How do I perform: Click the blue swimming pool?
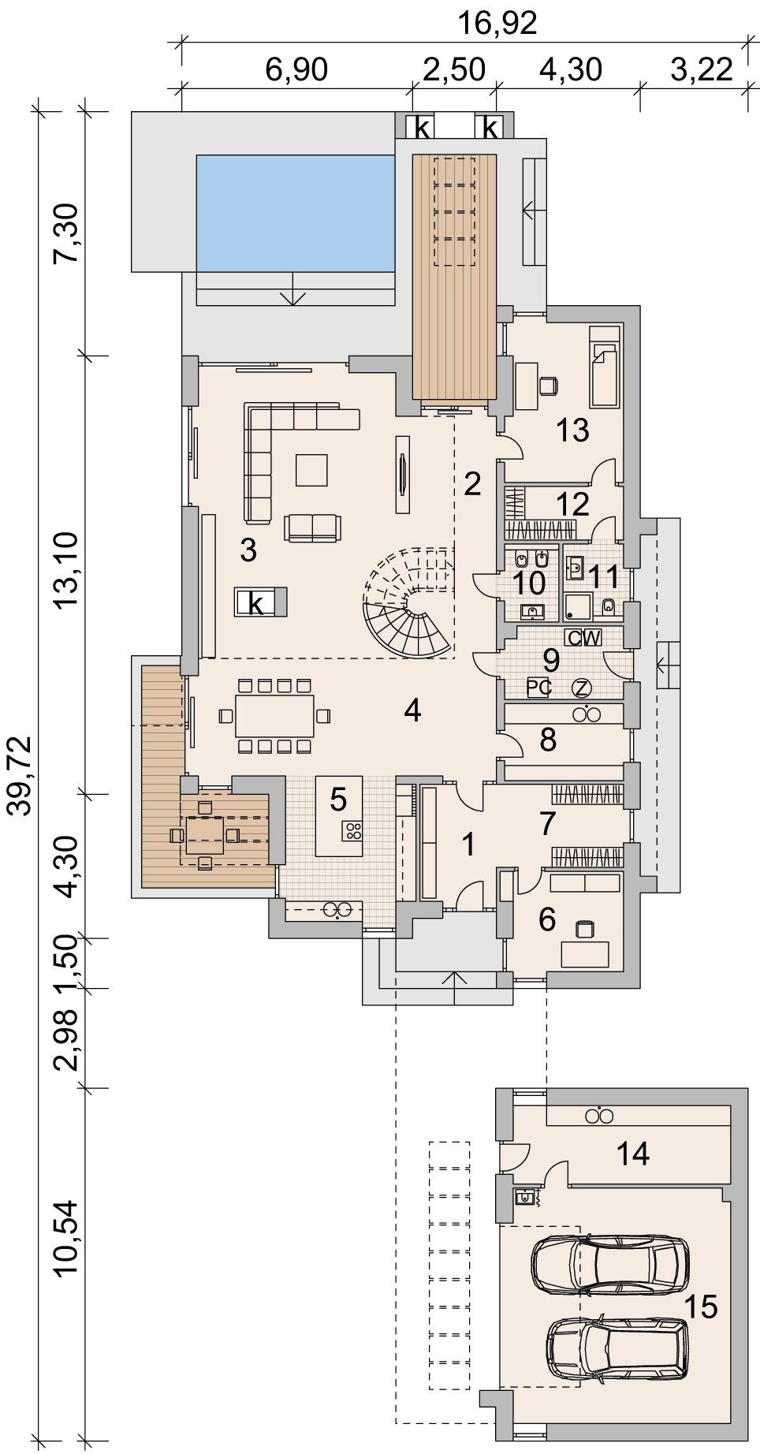pyautogui.click(x=295, y=212)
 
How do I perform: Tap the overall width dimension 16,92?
pyautogui.click(x=498, y=23)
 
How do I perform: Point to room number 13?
pyautogui.click(x=572, y=431)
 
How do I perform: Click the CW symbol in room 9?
pyautogui.click(x=583, y=637)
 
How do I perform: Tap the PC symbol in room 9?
pyautogui.click(x=538, y=688)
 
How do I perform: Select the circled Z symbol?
pyautogui.click(x=582, y=688)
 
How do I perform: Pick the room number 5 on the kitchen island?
pyautogui.click(x=338, y=800)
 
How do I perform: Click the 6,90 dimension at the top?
pyautogui.click(x=296, y=69)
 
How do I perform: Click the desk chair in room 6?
pyautogui.click(x=585, y=929)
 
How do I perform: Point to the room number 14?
pyautogui.click(x=633, y=1154)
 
